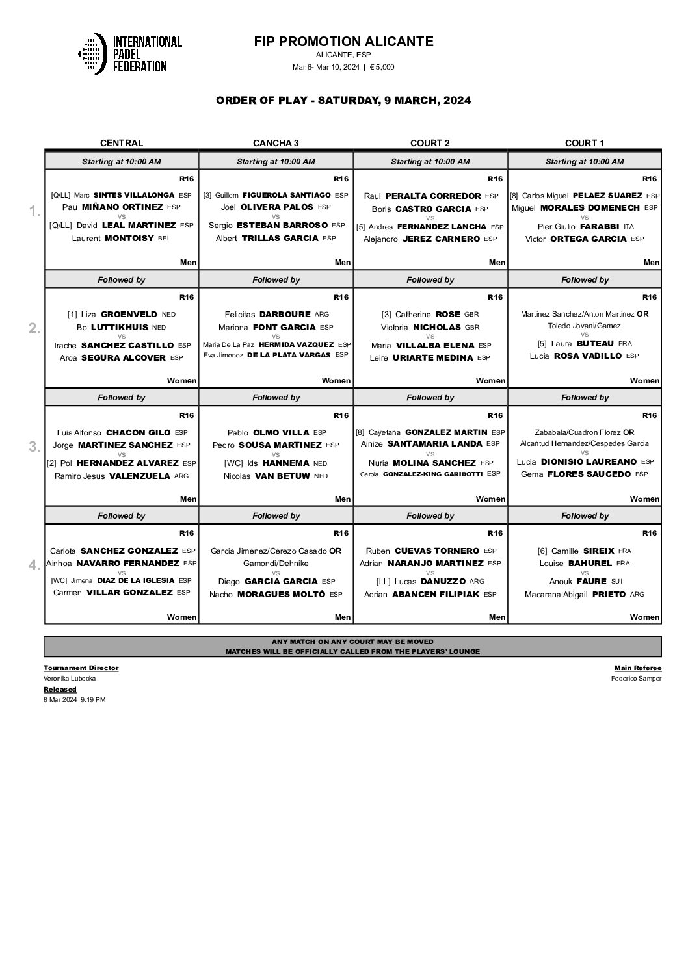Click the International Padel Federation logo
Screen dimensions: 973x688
click(x=129, y=53)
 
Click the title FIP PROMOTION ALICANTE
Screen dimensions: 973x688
click(x=343, y=42)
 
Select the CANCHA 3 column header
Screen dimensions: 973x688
click(x=276, y=143)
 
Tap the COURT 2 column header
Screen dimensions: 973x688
click(x=430, y=143)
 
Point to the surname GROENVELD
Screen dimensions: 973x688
click(x=129, y=314)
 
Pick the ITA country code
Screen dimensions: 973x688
click(x=628, y=227)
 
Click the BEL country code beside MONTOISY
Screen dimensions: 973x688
click(x=164, y=239)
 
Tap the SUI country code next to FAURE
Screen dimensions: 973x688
click(x=616, y=581)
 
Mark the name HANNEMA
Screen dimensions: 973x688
click(x=285, y=463)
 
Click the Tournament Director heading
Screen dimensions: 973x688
click(x=81, y=668)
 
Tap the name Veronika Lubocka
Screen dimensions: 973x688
click(x=70, y=679)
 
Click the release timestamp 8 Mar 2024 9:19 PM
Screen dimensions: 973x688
click(x=74, y=700)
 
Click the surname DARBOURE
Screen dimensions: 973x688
click(x=285, y=314)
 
